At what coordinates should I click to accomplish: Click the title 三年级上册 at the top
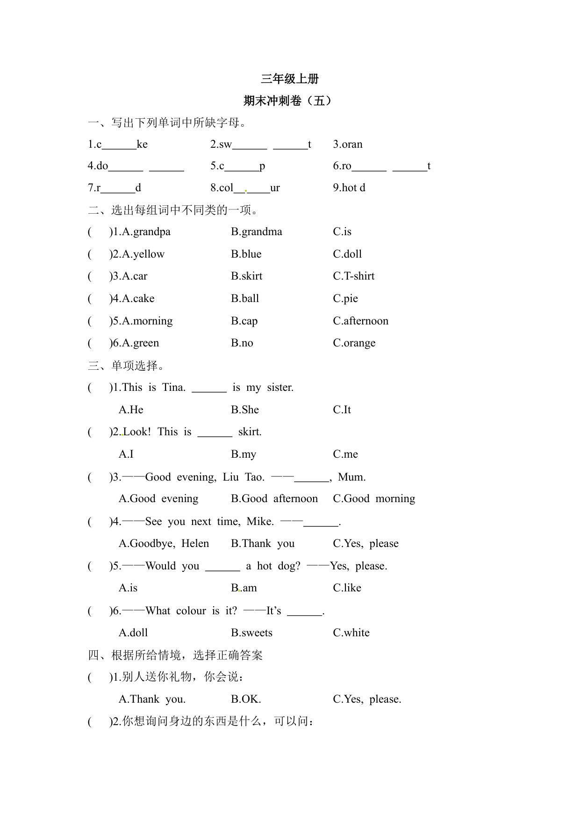pyautogui.click(x=290, y=79)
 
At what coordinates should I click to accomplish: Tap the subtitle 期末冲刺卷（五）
pyautogui.click(x=290, y=101)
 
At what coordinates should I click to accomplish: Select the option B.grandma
pyautogui.click(x=256, y=232)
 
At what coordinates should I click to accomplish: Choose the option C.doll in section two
pyautogui.click(x=347, y=254)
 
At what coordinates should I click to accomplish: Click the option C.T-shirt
pyautogui.click(x=353, y=276)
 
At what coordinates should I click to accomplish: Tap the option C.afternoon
pyautogui.click(x=360, y=321)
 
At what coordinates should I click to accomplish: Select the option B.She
pyautogui.click(x=244, y=410)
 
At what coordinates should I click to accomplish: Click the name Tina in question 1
pyautogui.click(x=173, y=388)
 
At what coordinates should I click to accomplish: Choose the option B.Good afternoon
pyautogui.click(x=274, y=499)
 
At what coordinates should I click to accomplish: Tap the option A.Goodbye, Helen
pyautogui.click(x=164, y=543)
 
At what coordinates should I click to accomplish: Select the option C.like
pyautogui.click(x=347, y=588)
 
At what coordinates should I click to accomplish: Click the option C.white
pyautogui.click(x=351, y=633)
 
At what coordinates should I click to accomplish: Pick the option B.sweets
pyautogui.click(x=251, y=633)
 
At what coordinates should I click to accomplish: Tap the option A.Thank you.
pyautogui.click(x=152, y=699)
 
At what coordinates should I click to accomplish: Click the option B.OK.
pyautogui.click(x=246, y=699)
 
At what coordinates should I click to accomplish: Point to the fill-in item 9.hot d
pyautogui.click(x=349, y=188)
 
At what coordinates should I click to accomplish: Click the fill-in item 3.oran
pyautogui.click(x=348, y=144)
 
